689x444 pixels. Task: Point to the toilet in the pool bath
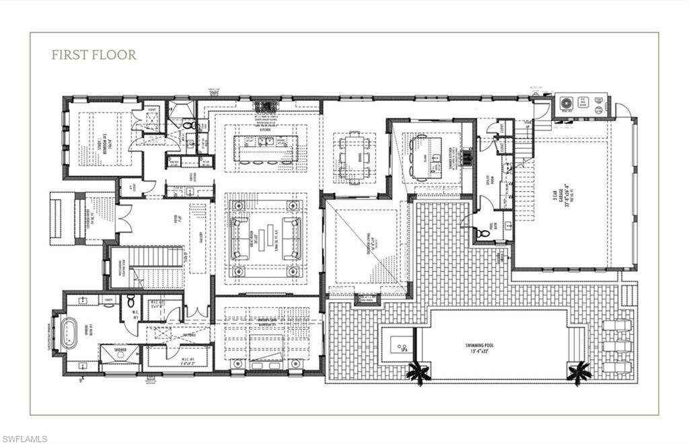click(482, 232)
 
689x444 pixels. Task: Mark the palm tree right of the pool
click(579, 372)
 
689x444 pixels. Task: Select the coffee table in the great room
click(266, 238)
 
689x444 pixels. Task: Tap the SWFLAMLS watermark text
click(24, 439)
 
